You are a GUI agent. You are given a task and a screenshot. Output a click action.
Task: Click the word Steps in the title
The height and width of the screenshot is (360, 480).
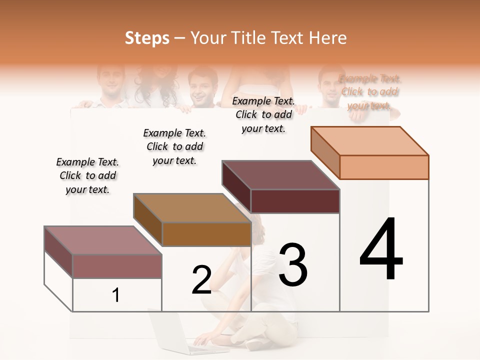tap(146, 38)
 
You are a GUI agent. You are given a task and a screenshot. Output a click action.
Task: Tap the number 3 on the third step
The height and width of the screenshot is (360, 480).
tap(293, 264)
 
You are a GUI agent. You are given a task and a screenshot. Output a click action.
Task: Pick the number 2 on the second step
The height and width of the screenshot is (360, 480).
tap(201, 280)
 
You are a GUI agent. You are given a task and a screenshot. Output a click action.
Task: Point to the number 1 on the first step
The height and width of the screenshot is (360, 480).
tap(115, 295)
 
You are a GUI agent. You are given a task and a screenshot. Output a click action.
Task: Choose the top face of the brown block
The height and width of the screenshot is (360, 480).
tap(192, 208)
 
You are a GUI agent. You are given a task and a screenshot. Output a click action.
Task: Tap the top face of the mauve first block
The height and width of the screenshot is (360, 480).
tap(102, 240)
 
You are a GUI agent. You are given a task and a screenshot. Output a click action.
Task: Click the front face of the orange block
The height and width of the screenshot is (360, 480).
tap(384, 167)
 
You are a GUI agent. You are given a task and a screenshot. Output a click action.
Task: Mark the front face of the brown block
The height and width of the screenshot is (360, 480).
tap(206, 233)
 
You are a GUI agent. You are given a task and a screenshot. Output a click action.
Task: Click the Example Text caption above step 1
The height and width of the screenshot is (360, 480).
tap(87, 175)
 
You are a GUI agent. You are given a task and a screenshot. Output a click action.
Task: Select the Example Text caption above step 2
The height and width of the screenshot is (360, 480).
tap(174, 146)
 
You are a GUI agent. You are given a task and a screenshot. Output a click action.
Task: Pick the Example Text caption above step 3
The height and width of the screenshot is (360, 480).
tap(263, 114)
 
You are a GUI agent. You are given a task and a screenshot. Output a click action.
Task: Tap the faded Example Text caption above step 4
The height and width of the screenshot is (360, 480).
tap(369, 92)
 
